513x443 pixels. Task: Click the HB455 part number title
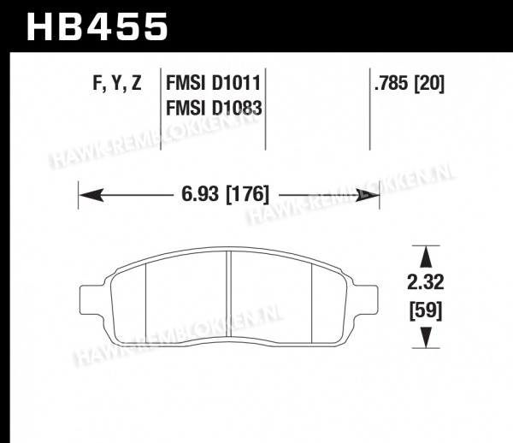click(97, 27)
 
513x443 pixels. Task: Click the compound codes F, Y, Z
click(117, 83)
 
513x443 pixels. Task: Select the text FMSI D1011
click(213, 83)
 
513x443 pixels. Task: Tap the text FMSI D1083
click(214, 108)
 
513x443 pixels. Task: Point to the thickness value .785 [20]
click(410, 83)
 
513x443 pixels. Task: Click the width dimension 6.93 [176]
click(226, 194)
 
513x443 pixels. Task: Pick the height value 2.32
click(425, 282)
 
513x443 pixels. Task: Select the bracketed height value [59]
click(426, 310)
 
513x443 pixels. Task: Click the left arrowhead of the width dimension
click(91, 195)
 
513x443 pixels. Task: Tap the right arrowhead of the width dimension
click(367, 195)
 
